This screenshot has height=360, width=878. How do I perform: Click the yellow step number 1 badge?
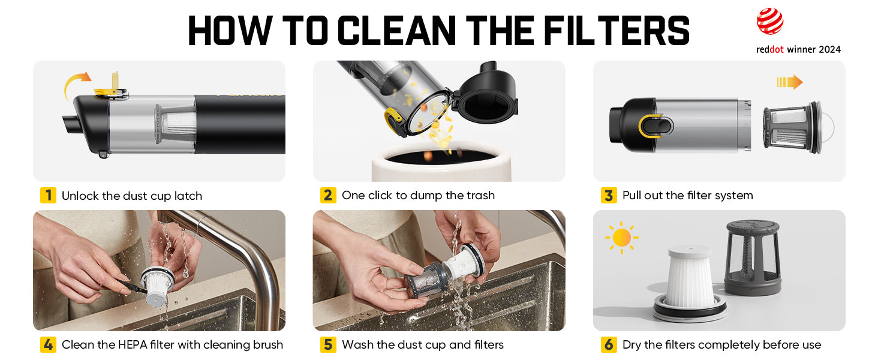pos(48,195)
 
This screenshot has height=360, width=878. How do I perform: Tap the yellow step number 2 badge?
pos(328,195)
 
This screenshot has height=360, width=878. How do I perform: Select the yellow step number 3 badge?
pos(609,195)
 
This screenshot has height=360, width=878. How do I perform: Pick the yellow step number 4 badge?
pos(48,345)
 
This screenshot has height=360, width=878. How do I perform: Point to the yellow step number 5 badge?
pos(328,345)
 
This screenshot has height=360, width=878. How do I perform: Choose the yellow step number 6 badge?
pos(609,345)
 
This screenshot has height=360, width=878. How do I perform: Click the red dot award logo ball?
pos(770,21)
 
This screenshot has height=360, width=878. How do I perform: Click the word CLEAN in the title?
pos(396,31)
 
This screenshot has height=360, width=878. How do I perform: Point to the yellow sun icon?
pos(622,238)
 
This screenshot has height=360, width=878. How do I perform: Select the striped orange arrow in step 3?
pos(789,82)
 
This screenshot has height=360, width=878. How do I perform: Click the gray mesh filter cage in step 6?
pos(752,257)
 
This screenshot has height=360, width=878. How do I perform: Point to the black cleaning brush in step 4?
pos(131,286)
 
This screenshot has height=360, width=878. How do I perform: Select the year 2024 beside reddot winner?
pos(829,49)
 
